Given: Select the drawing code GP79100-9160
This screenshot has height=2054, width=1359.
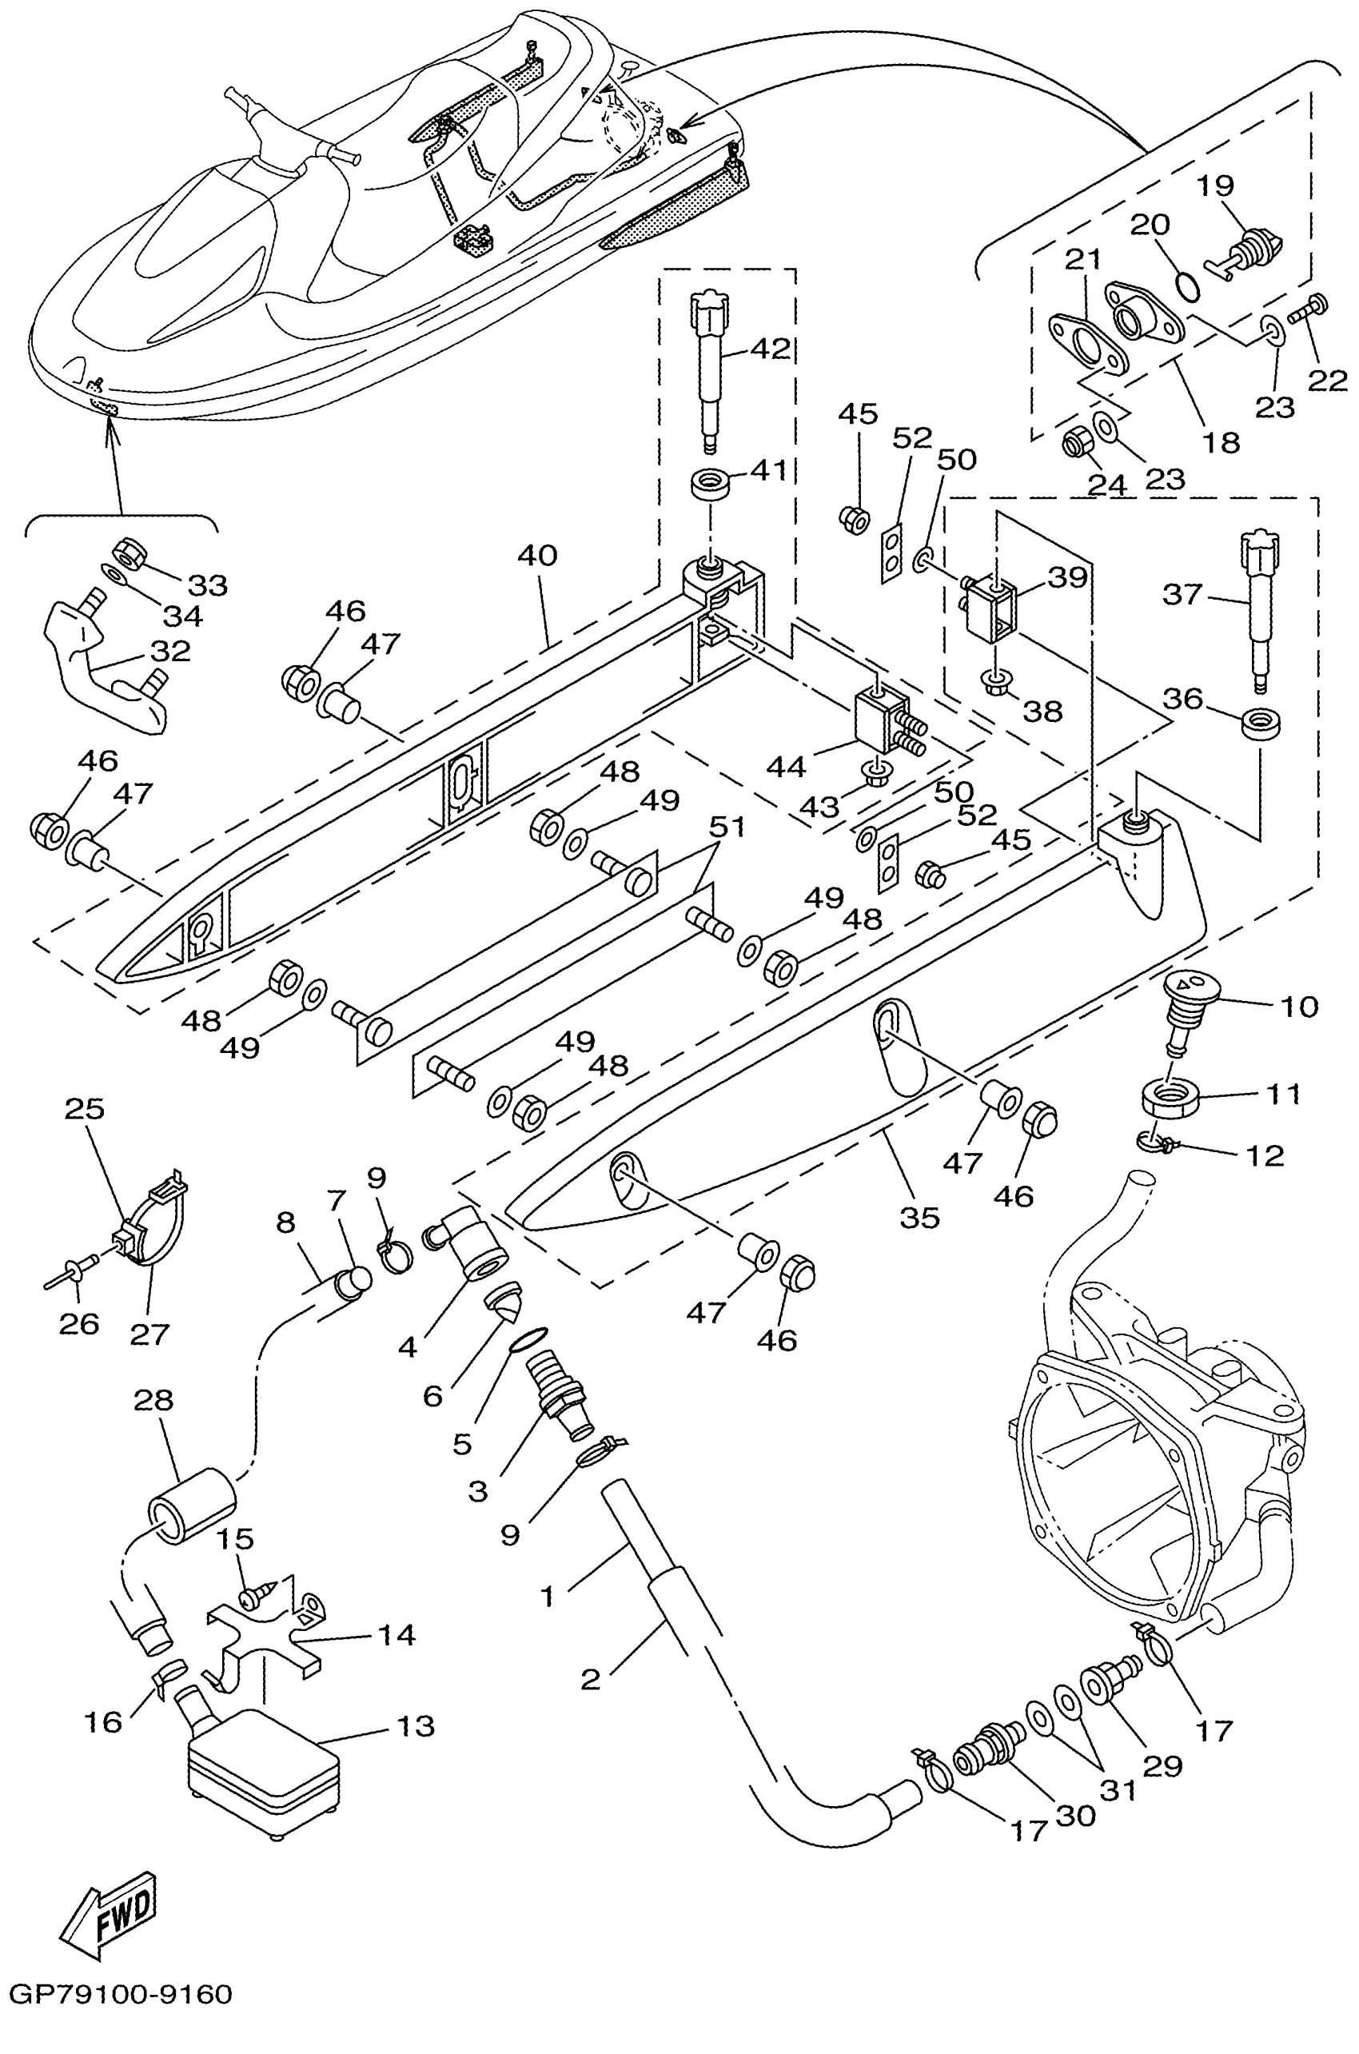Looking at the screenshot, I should (121, 2019).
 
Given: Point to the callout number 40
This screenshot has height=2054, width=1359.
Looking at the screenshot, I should (536, 555).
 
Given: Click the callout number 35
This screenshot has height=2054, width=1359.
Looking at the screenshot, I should (919, 1218).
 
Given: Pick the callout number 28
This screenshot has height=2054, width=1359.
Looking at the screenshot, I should (153, 1400).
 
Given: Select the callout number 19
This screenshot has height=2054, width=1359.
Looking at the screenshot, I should (1215, 185).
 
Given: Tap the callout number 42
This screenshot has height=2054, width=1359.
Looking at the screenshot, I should (770, 349).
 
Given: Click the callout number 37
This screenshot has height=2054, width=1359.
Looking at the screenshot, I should (1183, 595).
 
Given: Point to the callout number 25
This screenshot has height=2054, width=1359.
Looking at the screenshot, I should (84, 1108).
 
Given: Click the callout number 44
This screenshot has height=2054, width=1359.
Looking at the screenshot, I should (786, 766).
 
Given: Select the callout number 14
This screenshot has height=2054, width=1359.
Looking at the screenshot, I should (396, 1635).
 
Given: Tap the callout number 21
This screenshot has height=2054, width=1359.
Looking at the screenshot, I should (1082, 258).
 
